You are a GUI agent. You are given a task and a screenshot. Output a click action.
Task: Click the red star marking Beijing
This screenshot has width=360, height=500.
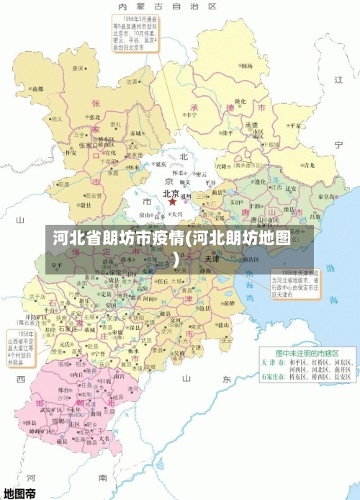(x=172, y=202)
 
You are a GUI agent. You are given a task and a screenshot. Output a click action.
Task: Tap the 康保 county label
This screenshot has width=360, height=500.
(x=78, y=68)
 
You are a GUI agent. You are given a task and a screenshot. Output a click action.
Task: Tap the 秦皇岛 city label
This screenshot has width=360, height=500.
(x=325, y=196)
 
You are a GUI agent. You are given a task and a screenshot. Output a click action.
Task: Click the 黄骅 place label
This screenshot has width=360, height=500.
(x=228, y=303)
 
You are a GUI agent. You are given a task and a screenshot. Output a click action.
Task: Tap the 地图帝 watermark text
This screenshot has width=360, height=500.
(x=19, y=493)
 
